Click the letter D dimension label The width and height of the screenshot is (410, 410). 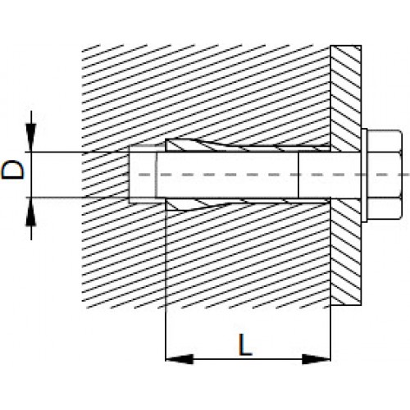[13, 170]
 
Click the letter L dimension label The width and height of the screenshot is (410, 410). [245, 345]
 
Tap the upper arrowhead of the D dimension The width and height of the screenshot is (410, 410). [31, 137]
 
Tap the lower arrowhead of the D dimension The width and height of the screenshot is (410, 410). [31, 212]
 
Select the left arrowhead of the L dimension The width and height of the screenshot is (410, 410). [180, 359]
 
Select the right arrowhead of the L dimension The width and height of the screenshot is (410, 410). [317, 359]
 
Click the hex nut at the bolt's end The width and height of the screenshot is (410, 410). [384, 175]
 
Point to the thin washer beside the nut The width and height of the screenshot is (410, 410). [364, 175]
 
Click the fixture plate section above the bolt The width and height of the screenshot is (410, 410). [346, 98]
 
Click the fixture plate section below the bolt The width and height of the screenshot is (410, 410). [346, 252]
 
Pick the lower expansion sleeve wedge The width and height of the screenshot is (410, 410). [246, 203]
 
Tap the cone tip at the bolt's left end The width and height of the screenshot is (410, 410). [143, 175]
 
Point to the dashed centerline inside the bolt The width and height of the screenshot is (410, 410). [273, 175]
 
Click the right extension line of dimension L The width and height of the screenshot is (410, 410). [330, 333]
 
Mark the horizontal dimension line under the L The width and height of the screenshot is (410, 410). [248, 359]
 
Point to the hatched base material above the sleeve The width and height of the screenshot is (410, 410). [205, 93]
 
